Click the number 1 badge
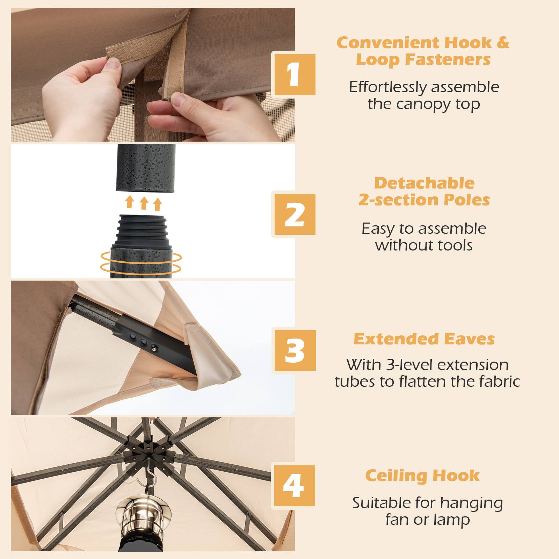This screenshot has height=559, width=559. [295, 74]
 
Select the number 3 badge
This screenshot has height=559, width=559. [295, 350]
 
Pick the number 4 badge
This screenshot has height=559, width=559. [295, 486]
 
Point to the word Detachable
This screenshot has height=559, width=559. [424, 183]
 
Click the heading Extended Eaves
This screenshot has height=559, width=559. [424, 339]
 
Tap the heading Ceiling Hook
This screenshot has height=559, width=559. [422, 475]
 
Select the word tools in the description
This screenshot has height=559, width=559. [454, 245]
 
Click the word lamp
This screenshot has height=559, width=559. [453, 520]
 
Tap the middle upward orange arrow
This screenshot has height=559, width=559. [144, 203]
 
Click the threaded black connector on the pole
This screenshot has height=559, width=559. [144, 231]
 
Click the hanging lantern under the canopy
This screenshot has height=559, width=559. [134, 517]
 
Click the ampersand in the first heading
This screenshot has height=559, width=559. [503, 43]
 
